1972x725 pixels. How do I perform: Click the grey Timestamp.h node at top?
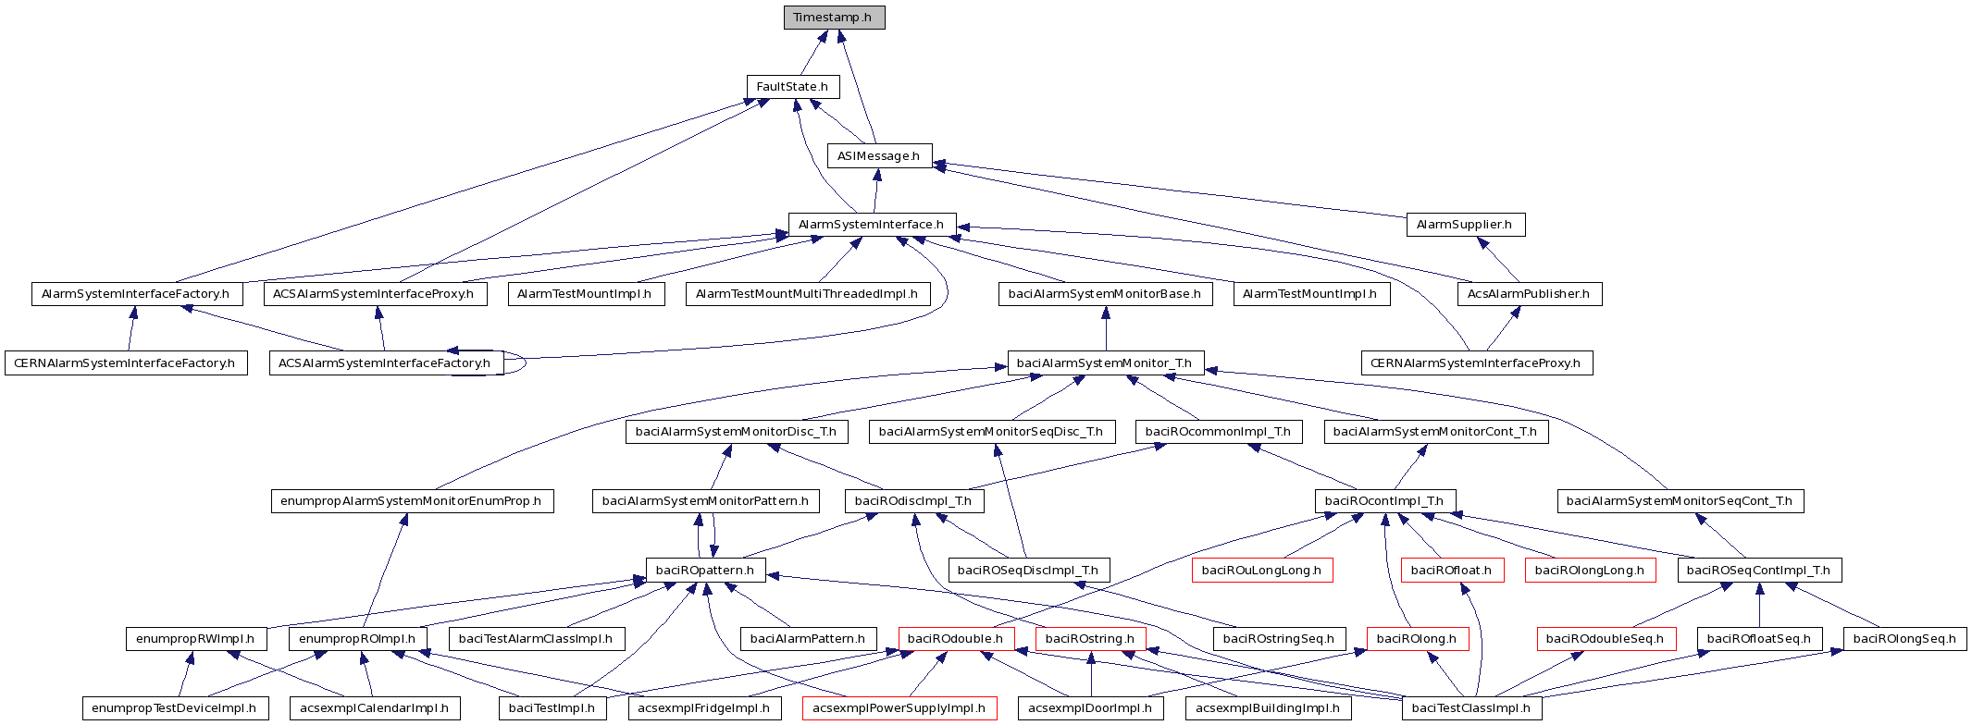coord(834,18)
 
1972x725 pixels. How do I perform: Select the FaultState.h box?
coord(793,87)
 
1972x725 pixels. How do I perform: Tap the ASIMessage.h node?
coord(879,156)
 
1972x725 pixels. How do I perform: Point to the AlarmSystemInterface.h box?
coord(872,225)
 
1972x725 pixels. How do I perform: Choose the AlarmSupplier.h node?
coord(1465,225)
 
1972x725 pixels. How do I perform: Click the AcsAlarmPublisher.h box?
coord(1530,294)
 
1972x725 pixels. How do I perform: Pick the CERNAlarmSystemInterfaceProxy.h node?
coord(1477,363)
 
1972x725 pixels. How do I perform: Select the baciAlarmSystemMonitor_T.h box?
coord(1105,363)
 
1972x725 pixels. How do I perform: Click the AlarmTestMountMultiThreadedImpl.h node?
coord(807,294)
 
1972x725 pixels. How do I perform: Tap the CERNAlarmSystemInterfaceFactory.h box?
coord(126,363)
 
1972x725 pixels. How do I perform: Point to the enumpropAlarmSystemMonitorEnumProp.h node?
coord(412,501)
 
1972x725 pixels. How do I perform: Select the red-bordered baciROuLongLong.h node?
coord(1262,571)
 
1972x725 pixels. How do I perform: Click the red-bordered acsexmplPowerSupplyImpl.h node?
coord(899,709)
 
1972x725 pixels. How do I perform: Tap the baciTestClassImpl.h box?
coord(1471,709)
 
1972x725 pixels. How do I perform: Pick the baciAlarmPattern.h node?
coord(808,639)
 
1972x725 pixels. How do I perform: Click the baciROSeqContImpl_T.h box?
coord(1759,571)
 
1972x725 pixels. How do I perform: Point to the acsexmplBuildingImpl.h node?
coord(1268,709)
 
